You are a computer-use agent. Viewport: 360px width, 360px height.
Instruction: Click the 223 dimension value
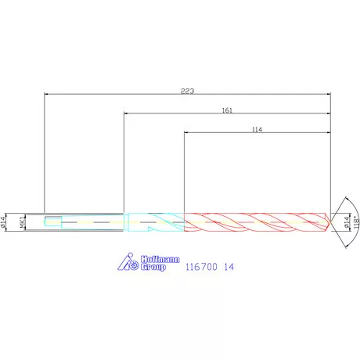point(187,91)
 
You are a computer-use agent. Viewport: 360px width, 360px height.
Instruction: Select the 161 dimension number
point(227,110)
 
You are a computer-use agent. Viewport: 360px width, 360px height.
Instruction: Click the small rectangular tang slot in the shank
point(52,223)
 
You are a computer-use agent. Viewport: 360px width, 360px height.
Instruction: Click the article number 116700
point(200,267)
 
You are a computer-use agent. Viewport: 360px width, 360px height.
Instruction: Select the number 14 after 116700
point(229,267)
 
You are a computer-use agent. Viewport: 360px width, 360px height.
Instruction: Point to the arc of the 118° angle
point(348,205)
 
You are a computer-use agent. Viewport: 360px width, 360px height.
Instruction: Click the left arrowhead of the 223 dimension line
point(46,95)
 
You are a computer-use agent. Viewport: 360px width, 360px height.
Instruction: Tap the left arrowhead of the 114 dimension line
point(186,133)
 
